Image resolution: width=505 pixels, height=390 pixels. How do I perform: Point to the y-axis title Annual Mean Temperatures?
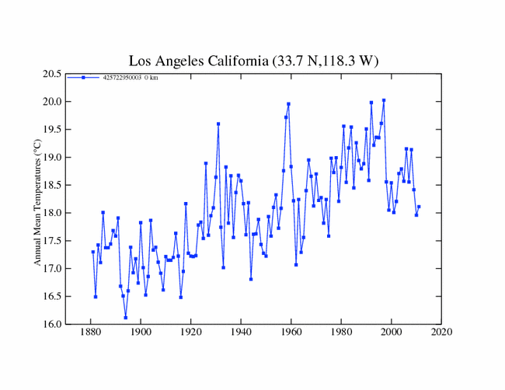click(x=37, y=199)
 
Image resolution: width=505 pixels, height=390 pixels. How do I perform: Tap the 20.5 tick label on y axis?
click(x=52, y=74)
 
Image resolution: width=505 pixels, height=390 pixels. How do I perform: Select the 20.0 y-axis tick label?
click(x=52, y=102)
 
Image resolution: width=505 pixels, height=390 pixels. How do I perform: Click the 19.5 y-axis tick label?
click(x=52, y=130)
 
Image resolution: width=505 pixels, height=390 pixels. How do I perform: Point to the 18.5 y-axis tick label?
click(x=52, y=185)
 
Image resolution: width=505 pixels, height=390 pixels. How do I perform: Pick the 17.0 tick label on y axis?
click(x=52, y=269)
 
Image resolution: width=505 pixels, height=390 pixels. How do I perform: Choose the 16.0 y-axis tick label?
click(x=52, y=324)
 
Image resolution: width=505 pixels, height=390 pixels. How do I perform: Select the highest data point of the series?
click(x=384, y=100)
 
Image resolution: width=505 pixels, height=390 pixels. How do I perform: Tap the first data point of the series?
click(x=92, y=252)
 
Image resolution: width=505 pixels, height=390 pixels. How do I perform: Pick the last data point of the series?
click(x=419, y=207)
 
